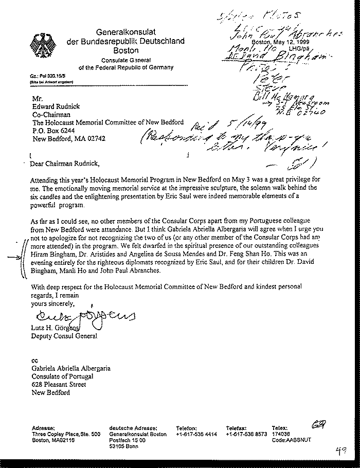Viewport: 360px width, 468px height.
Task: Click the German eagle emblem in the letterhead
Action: coord(41,43)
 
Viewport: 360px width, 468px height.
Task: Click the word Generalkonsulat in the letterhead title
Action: coord(121,32)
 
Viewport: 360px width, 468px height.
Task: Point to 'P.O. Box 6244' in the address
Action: coord(54,131)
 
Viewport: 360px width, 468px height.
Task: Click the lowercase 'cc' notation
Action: coord(34,361)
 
